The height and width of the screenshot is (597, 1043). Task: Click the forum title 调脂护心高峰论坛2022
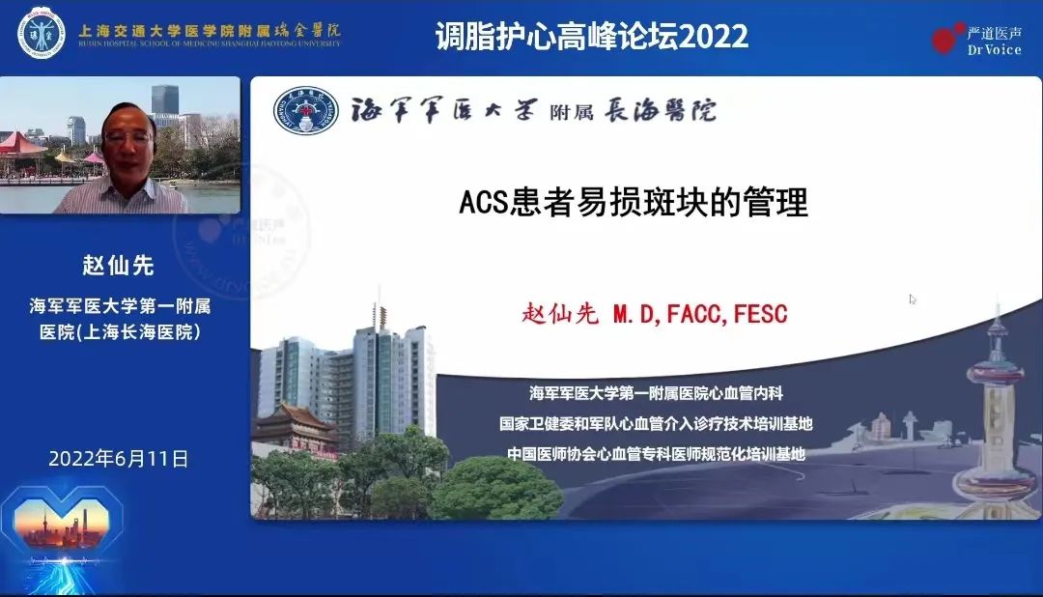pyautogui.click(x=592, y=36)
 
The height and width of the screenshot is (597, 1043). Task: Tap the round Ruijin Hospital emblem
pyautogui.click(x=41, y=31)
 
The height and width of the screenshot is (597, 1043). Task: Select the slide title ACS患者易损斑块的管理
pyautogui.click(x=633, y=203)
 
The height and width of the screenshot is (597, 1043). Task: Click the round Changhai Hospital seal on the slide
pyautogui.click(x=306, y=110)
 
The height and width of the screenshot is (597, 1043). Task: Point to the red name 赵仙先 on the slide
pyautogui.click(x=560, y=314)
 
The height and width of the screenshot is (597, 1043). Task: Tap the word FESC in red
pyautogui.click(x=761, y=314)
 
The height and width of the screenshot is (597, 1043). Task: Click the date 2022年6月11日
pyautogui.click(x=119, y=458)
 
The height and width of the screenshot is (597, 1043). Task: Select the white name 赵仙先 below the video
pyautogui.click(x=119, y=265)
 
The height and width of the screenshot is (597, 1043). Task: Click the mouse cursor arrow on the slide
pyautogui.click(x=913, y=299)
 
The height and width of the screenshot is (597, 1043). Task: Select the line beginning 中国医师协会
pyautogui.click(x=656, y=453)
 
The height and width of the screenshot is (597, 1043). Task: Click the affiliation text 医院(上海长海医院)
pyautogui.click(x=119, y=331)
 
